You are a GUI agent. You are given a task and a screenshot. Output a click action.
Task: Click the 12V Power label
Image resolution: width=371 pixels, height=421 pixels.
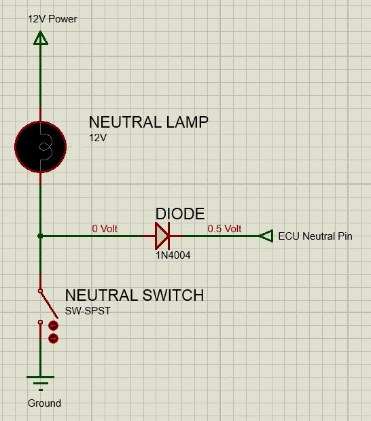point(52,19)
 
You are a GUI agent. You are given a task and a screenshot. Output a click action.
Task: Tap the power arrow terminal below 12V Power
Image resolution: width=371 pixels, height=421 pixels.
point(41,38)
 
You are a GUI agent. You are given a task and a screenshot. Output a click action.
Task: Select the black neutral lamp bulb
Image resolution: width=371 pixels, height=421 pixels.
point(41,147)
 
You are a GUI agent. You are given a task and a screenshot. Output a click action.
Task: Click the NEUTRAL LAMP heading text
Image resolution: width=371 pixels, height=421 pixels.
point(149,122)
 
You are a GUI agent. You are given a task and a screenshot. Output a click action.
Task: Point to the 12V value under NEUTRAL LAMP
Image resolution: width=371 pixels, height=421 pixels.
point(98,138)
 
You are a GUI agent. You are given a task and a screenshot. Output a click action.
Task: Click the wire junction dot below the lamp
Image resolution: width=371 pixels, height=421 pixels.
point(40,236)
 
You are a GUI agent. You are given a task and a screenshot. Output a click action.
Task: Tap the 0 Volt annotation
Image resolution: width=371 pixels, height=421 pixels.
point(105,228)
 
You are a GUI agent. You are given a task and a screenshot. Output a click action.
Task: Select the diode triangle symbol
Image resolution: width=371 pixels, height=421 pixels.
point(162,236)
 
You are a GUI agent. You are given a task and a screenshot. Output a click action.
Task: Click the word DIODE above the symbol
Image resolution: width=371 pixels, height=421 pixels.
point(180,214)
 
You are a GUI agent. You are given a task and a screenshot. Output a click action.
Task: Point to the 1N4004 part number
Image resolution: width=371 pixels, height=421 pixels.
point(173,255)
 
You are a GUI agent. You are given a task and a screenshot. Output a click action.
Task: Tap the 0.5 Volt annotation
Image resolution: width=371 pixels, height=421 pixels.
point(224,228)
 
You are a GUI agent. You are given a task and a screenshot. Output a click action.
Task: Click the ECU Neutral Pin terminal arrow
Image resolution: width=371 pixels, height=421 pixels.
point(266,236)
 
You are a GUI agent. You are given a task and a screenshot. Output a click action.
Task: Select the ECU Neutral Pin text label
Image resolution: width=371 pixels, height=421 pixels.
point(315,236)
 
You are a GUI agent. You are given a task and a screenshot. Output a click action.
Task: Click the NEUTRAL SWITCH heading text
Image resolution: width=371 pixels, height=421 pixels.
point(135,295)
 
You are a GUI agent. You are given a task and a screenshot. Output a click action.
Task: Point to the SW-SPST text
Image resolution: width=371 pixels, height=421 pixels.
point(88,311)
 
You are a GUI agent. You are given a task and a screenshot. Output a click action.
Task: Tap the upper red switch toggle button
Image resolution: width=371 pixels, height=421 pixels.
point(53,326)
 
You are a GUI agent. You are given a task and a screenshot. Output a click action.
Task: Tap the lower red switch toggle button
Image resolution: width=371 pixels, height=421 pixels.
point(53,338)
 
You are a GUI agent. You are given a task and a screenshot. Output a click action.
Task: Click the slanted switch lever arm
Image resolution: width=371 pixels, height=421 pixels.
point(49,305)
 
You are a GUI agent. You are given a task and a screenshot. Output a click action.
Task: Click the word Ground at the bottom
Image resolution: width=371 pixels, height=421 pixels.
point(44,403)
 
